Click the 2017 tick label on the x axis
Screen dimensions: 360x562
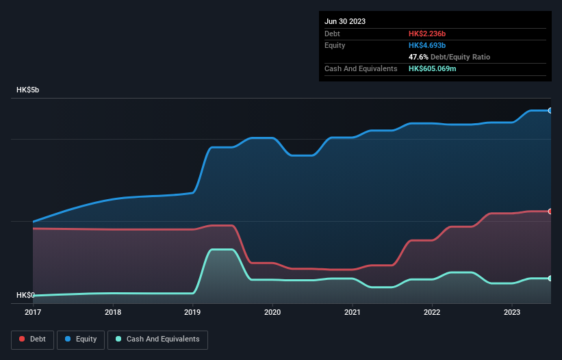pos(33,312)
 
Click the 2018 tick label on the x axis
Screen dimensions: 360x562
pos(113,312)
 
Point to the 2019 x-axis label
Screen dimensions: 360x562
pos(192,312)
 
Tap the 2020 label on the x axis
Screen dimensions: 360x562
pos(272,312)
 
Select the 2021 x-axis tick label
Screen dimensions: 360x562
pos(353,312)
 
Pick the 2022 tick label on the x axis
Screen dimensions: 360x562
pos(432,312)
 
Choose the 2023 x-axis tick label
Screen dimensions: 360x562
pos(512,312)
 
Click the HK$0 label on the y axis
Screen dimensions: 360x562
pos(25,295)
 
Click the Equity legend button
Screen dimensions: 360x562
pos(81,339)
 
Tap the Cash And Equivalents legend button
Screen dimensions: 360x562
pos(157,339)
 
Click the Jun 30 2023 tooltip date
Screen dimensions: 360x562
pos(345,21)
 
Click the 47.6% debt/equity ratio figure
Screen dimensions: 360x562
pos(418,57)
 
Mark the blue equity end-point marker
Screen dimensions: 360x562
pos(550,110)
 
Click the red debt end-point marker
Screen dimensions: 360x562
pos(550,211)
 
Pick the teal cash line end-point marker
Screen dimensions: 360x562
pos(550,279)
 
